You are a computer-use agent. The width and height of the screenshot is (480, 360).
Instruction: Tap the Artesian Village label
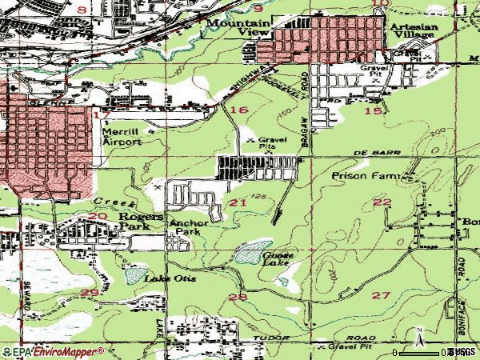tap(415, 30)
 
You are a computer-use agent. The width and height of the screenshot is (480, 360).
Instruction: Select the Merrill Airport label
tap(122, 135)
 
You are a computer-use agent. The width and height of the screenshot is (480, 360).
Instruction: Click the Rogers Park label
tap(141, 221)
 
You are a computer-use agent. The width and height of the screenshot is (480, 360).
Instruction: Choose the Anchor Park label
tap(188, 227)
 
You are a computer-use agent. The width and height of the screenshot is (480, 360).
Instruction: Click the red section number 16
tap(238, 109)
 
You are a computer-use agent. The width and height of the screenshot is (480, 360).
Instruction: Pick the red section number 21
tap(238, 203)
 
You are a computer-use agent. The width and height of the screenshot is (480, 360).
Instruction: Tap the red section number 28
tap(238, 297)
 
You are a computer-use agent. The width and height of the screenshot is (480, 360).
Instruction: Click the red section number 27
tap(381, 295)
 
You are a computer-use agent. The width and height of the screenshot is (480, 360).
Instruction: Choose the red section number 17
tap(100, 115)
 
